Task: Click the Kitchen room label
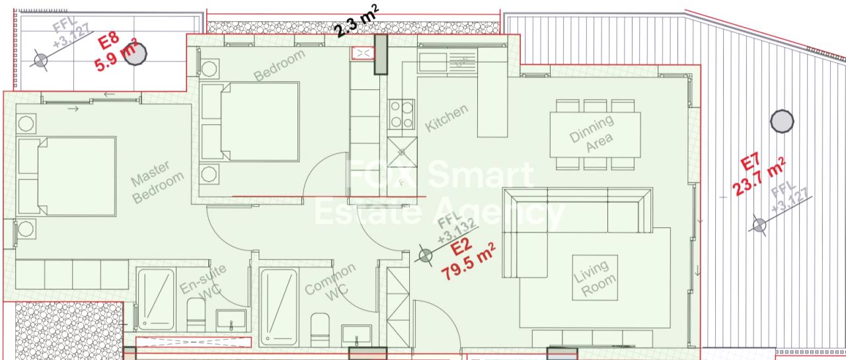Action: [x=446, y=118]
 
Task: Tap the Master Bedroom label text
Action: [x=157, y=182]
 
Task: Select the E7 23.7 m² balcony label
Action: [x=758, y=176]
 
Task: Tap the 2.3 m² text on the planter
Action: [x=356, y=21]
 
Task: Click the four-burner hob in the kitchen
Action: [x=401, y=113]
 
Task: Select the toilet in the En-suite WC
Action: [x=196, y=314]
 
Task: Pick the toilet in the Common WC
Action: [x=320, y=330]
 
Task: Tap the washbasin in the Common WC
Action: [x=356, y=336]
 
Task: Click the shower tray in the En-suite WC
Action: [x=156, y=300]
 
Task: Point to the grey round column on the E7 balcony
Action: [x=782, y=121]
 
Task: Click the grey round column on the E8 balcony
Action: [x=135, y=54]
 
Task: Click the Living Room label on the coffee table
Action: [x=595, y=278]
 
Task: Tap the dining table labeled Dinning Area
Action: [x=595, y=135]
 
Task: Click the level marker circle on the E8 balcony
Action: [x=40, y=60]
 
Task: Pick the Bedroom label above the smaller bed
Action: [x=279, y=65]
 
